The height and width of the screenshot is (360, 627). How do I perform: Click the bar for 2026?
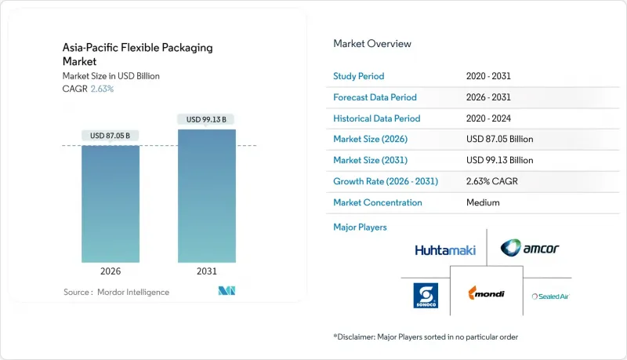(111, 204)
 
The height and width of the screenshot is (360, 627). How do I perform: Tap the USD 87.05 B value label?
(111, 136)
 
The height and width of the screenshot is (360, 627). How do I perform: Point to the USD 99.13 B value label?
(207, 119)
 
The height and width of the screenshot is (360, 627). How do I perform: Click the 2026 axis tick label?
(111, 271)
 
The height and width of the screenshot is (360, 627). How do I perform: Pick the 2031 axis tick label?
(207, 271)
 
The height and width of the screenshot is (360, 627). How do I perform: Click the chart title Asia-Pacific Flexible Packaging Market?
(137, 53)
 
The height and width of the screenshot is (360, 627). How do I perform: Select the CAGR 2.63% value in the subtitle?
(101, 89)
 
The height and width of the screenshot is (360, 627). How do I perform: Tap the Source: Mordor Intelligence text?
(116, 292)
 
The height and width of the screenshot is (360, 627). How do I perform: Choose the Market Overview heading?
(372, 44)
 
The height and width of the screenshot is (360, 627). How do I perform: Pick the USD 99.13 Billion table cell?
(499, 160)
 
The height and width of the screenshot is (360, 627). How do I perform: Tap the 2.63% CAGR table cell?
(491, 181)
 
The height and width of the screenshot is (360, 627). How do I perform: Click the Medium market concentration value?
(482, 202)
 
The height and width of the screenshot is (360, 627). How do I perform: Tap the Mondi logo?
(486, 294)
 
